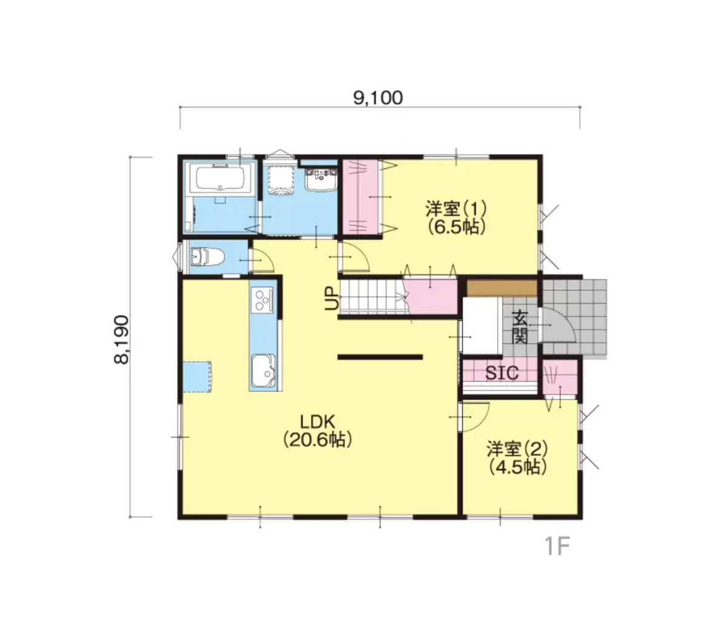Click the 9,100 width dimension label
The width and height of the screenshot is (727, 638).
coord(378,98)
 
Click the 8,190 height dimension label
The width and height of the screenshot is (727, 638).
coord(121,339)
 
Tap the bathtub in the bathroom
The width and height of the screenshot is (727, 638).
coord(221,178)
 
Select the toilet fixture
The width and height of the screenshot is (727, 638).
coord(207,257)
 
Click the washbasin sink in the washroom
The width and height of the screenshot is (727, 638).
coord(321,178)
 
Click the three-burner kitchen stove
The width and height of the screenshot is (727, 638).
coord(263,299)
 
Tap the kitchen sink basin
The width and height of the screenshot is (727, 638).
coord(263,371)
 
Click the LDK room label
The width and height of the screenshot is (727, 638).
coord(317,431)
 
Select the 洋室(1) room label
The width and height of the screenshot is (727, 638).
coord(456,218)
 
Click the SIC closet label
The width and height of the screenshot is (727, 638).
coord(502,373)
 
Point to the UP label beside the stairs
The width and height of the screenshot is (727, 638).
coord(332,298)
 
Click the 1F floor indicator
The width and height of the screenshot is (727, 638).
coord(557,546)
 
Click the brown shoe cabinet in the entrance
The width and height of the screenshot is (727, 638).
coord(502,288)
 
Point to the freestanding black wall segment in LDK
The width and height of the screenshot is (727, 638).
coord(380,357)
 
